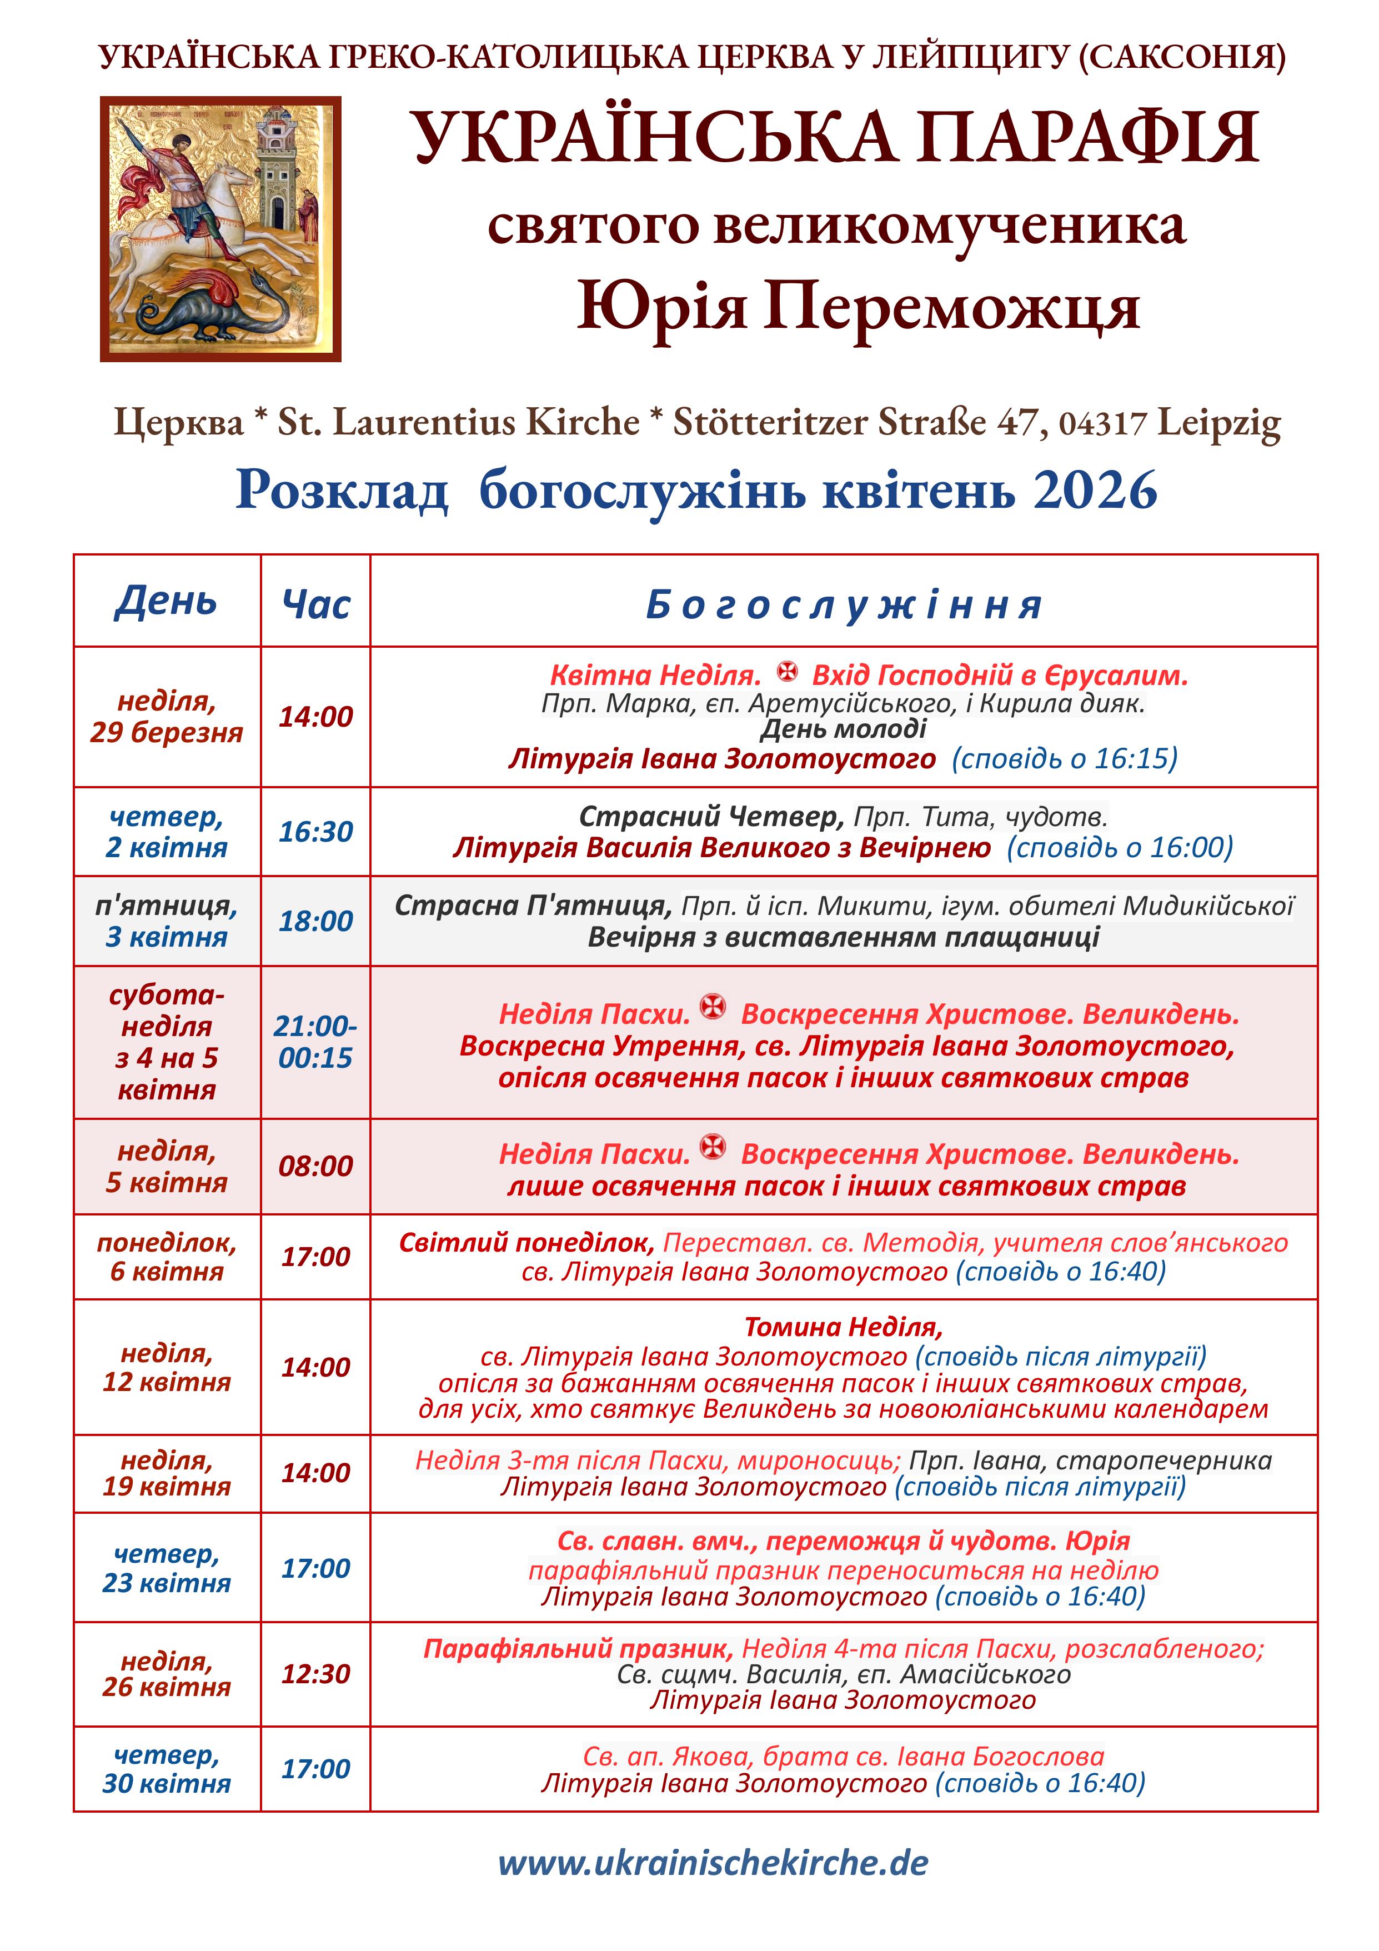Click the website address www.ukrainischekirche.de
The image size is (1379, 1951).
pyautogui.click(x=713, y=1863)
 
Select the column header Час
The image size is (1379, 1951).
pyautogui.click(x=315, y=604)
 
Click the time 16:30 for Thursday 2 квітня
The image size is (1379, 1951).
pyautogui.click(x=315, y=831)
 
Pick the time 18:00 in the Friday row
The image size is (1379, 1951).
pyautogui.click(x=315, y=921)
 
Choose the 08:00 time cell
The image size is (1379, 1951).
pyautogui.click(x=315, y=1166)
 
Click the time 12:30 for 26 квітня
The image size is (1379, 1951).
pyautogui.click(x=315, y=1673)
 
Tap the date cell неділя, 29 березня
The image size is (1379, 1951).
pyautogui.click(x=167, y=716)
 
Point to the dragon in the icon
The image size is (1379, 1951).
pyautogui.click(x=212, y=310)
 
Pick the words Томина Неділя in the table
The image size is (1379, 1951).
pyautogui.click(x=843, y=1327)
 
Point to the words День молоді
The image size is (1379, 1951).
pyautogui.click(x=843, y=729)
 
